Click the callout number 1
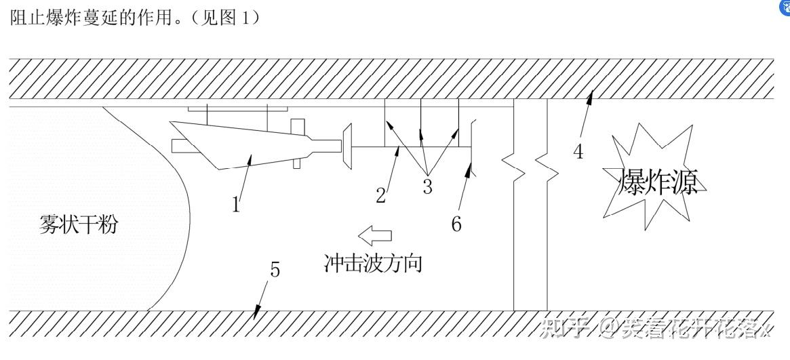[x=236, y=204]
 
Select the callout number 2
[x=381, y=195]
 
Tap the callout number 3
[x=427, y=186]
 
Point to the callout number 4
[x=578, y=151]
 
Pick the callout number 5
[x=275, y=269]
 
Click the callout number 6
[x=456, y=223]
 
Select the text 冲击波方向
[x=374, y=262]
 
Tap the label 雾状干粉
[x=78, y=224]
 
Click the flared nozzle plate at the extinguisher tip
[x=347, y=145]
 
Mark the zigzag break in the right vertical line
[x=547, y=166]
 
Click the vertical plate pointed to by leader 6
[x=472, y=146]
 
